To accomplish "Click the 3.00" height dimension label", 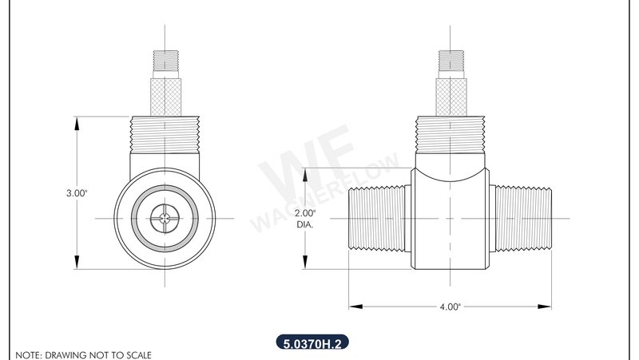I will (x=75, y=193).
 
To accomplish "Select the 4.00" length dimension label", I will (x=450, y=306).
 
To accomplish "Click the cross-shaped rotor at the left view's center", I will (x=165, y=218).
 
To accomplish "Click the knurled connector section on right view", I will (x=450, y=95).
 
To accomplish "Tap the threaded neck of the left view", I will (x=165, y=133).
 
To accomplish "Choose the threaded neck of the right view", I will (x=450, y=133).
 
